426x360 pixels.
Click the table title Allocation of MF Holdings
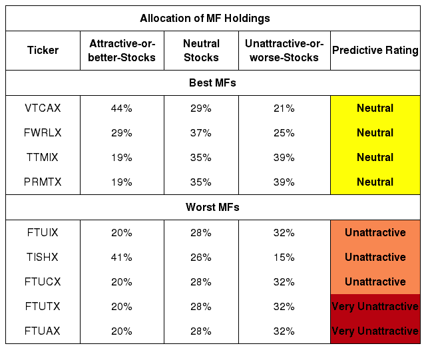[x=205, y=18]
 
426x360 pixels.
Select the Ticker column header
[x=43, y=51]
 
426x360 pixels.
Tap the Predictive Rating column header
[x=375, y=51]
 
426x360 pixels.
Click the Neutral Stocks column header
[x=201, y=51]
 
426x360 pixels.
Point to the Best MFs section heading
[x=212, y=83]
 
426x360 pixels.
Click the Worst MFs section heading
[x=212, y=207]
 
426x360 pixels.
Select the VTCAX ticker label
[x=43, y=108]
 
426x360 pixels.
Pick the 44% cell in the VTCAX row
[x=121, y=108]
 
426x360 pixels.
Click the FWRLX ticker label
[x=43, y=132]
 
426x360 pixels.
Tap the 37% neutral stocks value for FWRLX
[x=201, y=133]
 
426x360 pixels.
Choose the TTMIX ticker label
[x=43, y=157]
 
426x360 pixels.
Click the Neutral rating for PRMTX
[x=375, y=182]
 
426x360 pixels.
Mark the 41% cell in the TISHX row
[x=121, y=257]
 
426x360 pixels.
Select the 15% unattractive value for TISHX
[x=284, y=257]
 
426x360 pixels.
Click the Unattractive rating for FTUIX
[x=375, y=233]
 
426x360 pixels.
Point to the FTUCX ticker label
[x=43, y=281]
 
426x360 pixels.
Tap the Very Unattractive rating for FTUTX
[x=375, y=307]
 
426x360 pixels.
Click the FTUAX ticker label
[x=43, y=331]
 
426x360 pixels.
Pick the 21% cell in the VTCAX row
[x=284, y=108]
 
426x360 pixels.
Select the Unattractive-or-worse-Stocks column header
[x=284, y=51]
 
